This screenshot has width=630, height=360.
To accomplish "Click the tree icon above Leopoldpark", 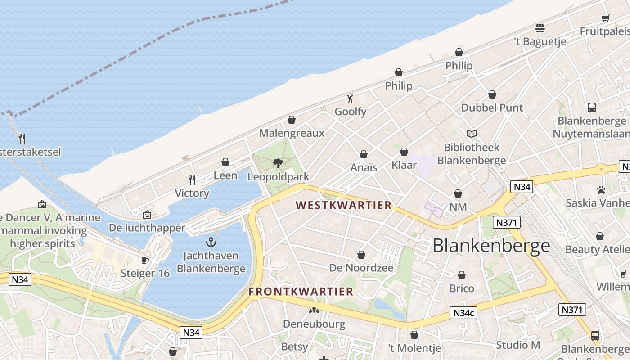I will (278, 163).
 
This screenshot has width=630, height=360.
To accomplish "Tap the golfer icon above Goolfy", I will (350, 98).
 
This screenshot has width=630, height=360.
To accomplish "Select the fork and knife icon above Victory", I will (192, 180).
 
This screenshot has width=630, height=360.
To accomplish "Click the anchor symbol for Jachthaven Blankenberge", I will (211, 243).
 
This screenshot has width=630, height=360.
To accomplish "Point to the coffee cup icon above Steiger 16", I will (145, 260).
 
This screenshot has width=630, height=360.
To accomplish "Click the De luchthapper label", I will (147, 228).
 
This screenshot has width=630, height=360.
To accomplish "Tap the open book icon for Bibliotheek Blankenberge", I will (472, 134).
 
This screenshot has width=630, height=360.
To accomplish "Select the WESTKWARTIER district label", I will (344, 206).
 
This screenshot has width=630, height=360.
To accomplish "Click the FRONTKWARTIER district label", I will (301, 292).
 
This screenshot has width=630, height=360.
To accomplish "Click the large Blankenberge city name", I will (491, 246).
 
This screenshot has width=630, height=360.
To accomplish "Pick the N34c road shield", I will (464, 313).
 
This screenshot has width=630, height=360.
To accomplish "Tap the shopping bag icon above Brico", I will (462, 275).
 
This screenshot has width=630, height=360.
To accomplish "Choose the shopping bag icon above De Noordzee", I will (361, 255).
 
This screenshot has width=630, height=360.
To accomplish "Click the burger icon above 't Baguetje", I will (540, 28).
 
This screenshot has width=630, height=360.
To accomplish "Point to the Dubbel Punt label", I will (492, 108).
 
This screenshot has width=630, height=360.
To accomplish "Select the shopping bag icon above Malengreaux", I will (292, 120).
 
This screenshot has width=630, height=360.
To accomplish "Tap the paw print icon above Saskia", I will (601, 190).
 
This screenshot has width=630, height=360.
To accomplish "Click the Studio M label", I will (518, 345).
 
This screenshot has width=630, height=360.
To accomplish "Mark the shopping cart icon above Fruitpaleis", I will (605, 18).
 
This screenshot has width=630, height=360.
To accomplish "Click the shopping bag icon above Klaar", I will (404, 152).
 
